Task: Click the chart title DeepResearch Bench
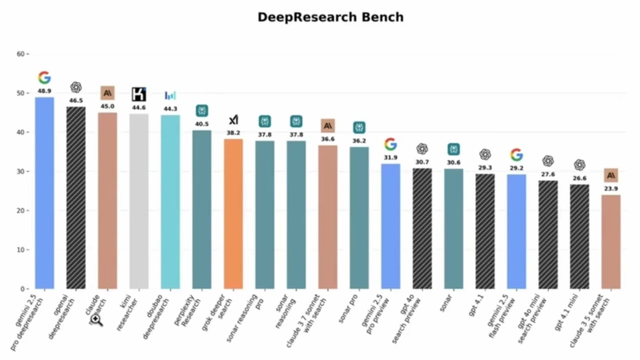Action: [330, 17]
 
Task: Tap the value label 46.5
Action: [76, 100]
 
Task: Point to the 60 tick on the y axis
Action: [21, 54]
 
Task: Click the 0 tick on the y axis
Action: [22, 289]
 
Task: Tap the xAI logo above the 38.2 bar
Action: [233, 120]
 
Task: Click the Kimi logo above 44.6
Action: [139, 94]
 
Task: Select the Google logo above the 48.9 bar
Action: [44, 77]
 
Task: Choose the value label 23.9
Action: [610, 189]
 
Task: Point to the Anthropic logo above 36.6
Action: [328, 126]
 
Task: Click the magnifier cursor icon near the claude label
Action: [96, 320]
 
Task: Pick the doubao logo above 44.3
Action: [170, 95]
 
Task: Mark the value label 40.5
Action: [202, 124]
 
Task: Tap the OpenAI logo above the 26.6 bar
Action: [579, 164]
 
